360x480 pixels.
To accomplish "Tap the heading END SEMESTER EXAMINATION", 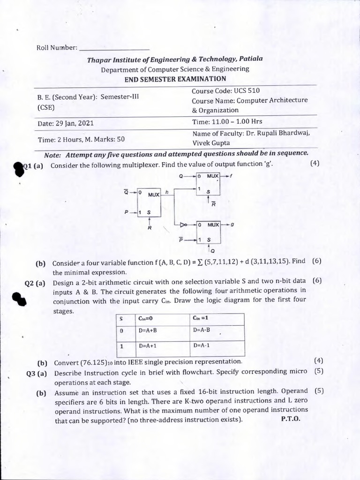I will tap(175, 79).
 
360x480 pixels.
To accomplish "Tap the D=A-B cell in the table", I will tap(202, 330).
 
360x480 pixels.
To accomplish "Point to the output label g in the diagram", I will tap(232, 225).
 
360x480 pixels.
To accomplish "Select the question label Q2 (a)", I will tap(35, 283).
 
